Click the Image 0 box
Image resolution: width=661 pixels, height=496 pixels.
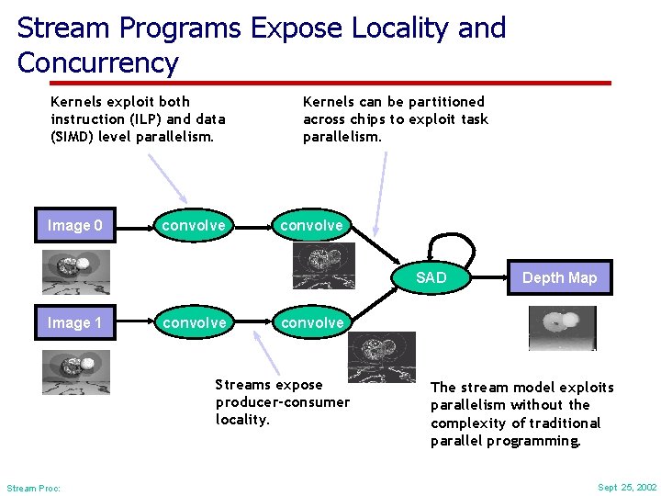pos(75,225)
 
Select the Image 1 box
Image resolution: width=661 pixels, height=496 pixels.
pos(75,322)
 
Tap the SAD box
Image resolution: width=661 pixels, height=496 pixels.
pos(431,277)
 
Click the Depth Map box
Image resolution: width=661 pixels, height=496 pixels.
pos(559,277)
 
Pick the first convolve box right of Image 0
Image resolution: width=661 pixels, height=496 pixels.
pos(194,225)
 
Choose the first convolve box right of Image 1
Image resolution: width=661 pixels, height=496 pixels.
pos(194,322)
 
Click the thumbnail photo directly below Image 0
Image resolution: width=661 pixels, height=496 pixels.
pos(75,272)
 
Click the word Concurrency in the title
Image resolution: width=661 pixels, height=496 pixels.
pos(97,63)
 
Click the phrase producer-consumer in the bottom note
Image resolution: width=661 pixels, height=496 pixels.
pos(282,402)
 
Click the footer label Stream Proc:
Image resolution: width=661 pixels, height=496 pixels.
pos(33,488)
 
